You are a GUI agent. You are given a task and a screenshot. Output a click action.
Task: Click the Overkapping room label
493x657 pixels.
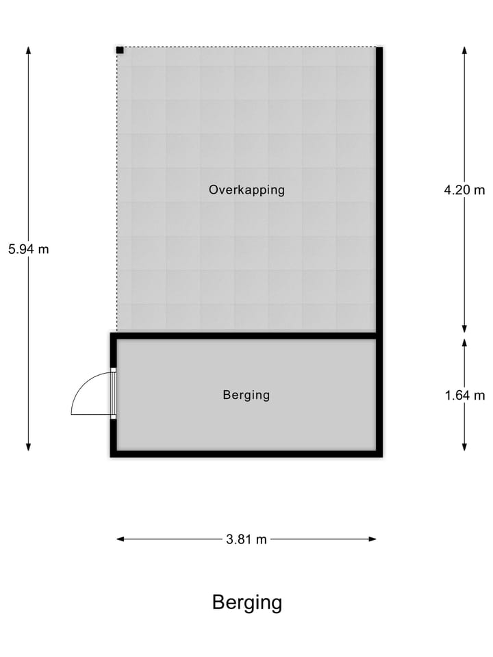246,190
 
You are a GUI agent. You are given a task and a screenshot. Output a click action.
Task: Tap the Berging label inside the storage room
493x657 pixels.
246,395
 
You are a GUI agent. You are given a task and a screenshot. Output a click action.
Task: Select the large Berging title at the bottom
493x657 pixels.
247,603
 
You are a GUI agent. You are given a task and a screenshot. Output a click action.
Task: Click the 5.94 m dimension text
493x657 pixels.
29,249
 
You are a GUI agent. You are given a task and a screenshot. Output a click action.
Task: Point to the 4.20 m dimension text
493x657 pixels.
464,190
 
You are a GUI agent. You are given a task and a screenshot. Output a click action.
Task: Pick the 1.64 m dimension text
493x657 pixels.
464,395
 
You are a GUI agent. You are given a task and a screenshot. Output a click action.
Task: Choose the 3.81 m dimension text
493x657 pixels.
246,539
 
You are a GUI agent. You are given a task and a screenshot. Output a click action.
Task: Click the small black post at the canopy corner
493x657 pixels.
120,50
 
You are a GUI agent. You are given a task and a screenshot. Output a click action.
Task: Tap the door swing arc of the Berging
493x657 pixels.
82,390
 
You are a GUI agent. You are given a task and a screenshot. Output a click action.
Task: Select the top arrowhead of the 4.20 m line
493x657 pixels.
464,51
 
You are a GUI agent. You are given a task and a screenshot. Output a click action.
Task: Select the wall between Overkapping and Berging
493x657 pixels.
246,335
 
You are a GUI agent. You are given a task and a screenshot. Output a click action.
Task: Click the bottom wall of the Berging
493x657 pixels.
246,453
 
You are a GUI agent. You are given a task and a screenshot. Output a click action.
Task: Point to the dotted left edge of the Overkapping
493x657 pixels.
117,192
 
